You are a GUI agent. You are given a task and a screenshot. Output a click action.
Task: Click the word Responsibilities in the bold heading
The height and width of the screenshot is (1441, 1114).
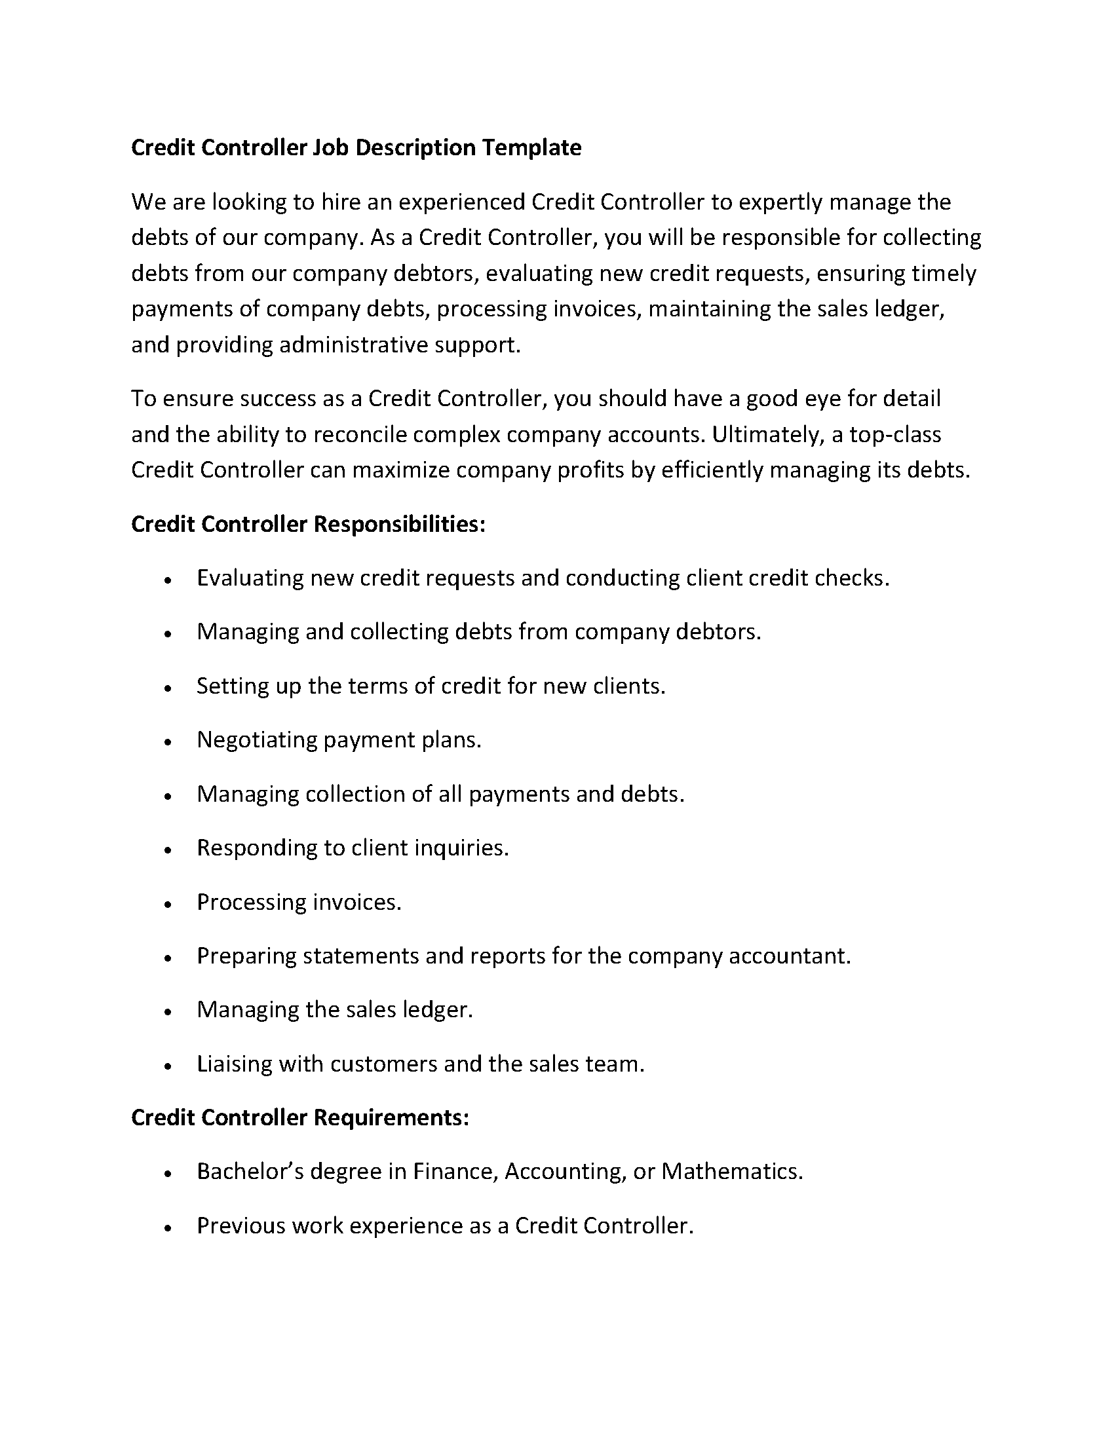(398, 524)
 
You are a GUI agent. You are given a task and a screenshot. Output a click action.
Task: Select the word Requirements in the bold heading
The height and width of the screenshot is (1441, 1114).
(391, 1117)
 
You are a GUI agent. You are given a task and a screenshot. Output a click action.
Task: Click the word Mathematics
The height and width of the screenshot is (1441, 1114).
(732, 1171)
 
